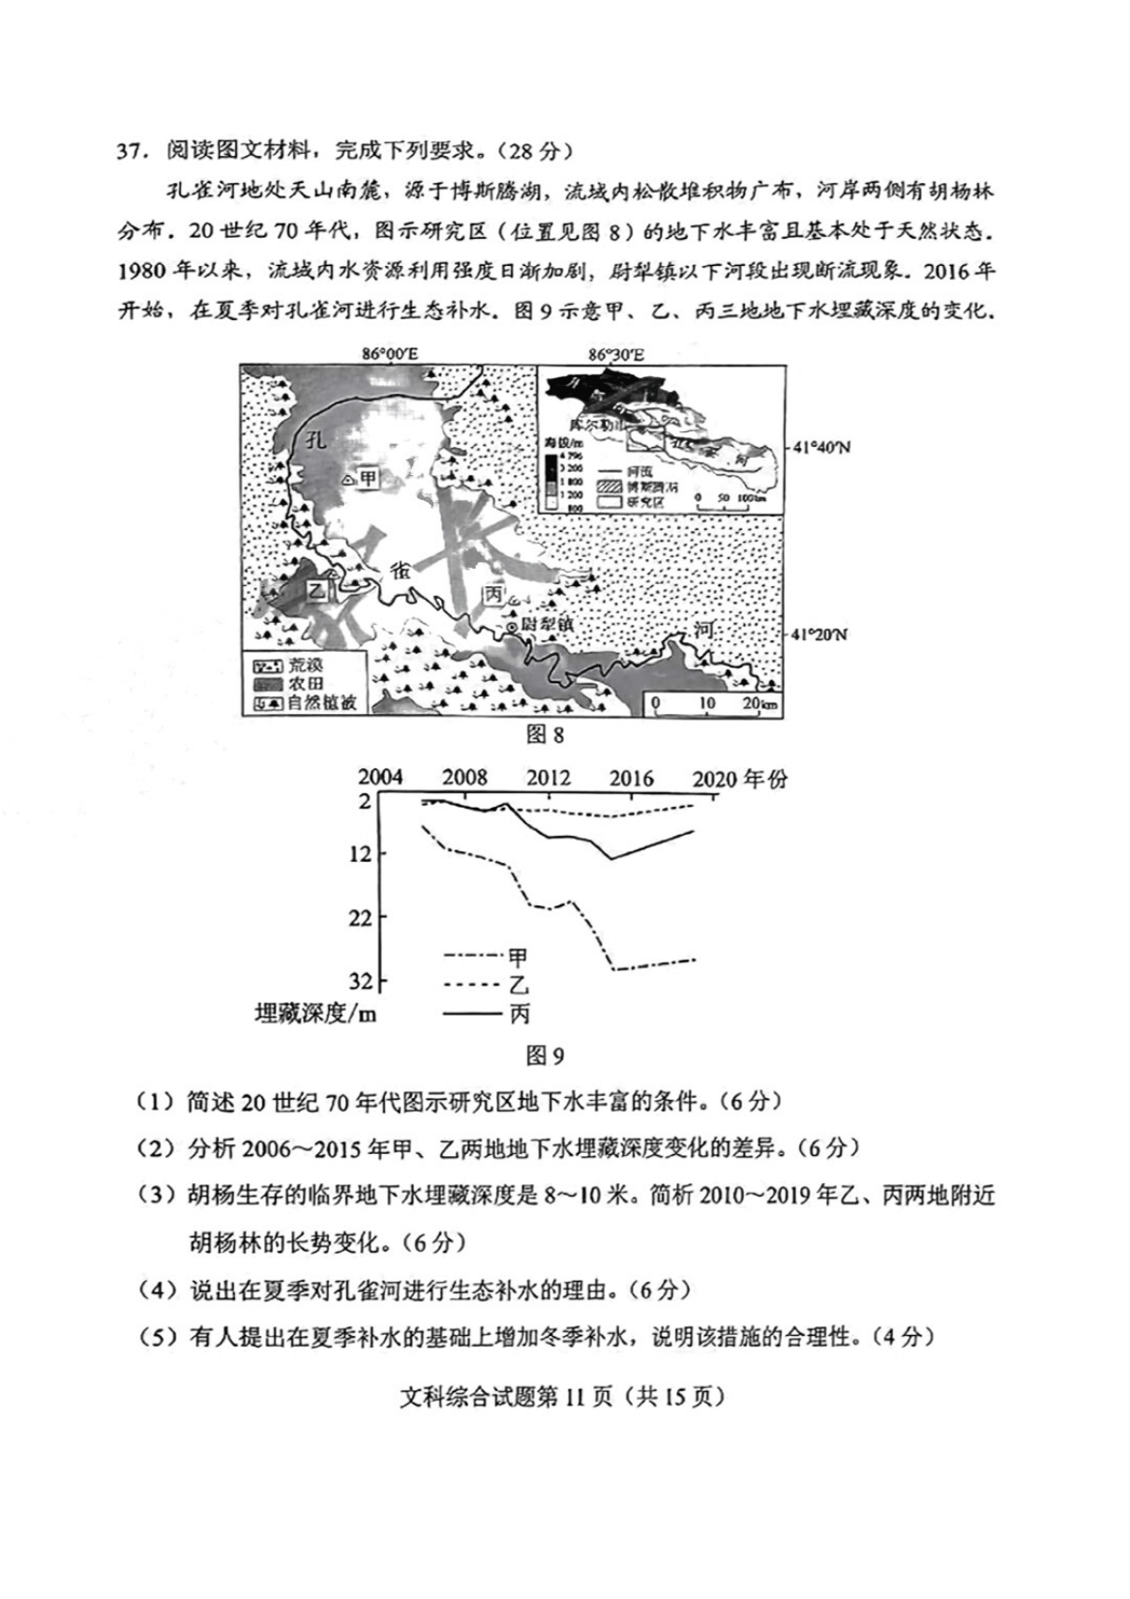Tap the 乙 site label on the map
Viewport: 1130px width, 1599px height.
[317, 589]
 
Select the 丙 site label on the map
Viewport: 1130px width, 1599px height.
[493, 592]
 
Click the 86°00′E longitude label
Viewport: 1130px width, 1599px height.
[391, 354]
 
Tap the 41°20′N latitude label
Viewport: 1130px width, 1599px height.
[819, 635]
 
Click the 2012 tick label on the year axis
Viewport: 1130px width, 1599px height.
[548, 779]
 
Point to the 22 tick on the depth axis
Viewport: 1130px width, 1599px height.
[360, 917]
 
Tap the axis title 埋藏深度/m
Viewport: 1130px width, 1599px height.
[315, 1014]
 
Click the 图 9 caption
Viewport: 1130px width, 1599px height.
[544, 1055]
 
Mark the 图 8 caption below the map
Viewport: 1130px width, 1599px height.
[544, 734]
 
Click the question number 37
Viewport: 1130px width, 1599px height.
[131, 151]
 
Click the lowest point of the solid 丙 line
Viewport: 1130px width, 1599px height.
[611, 858]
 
